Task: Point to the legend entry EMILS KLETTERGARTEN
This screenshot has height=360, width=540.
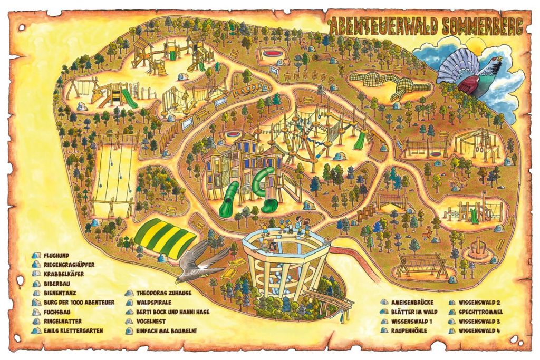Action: (73, 330)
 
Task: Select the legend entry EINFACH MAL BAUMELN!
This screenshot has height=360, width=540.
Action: (166, 330)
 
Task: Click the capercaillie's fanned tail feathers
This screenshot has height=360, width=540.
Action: (454, 65)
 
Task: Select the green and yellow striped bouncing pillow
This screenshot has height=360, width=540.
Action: (165, 239)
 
